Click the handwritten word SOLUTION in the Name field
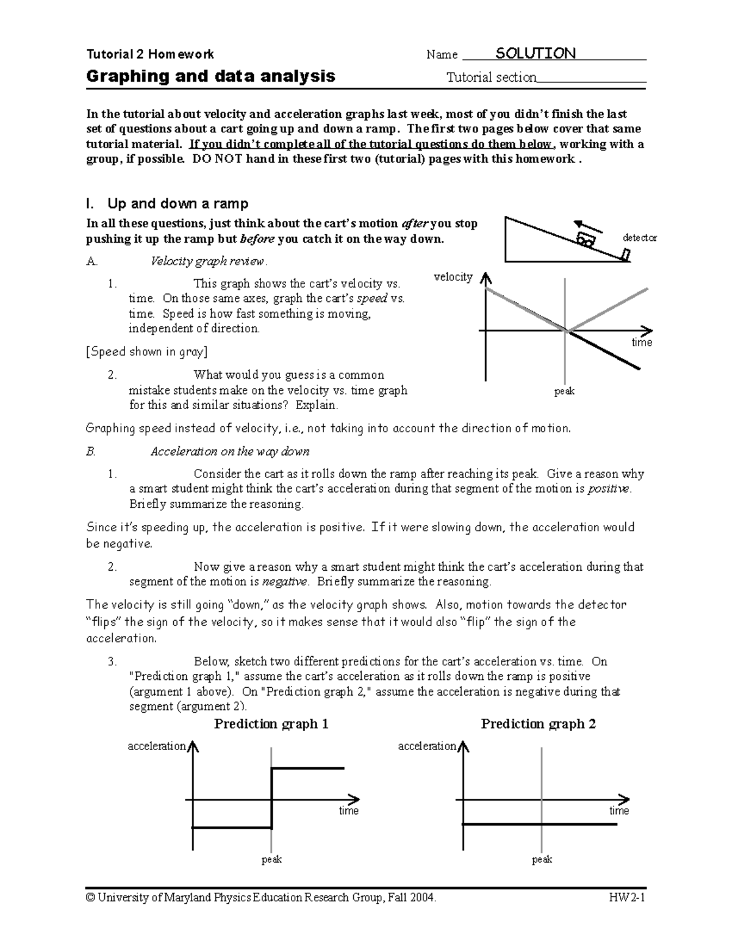click(535, 54)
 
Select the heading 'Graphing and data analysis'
click(210, 76)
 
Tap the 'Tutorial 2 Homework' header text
click(150, 54)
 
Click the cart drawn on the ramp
click(586, 240)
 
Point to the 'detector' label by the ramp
click(639, 238)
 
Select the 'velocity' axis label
click(453, 277)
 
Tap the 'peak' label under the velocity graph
click(564, 391)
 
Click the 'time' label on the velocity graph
click(642, 343)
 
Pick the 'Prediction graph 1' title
click(271, 724)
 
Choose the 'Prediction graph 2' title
click(538, 724)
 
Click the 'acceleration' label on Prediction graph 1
click(156, 746)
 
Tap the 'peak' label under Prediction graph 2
click(542, 859)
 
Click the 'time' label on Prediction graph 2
click(619, 810)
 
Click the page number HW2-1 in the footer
click(626, 898)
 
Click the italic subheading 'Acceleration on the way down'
click(230, 452)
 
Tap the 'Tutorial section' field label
click(491, 77)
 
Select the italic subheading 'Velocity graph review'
click(207, 262)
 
